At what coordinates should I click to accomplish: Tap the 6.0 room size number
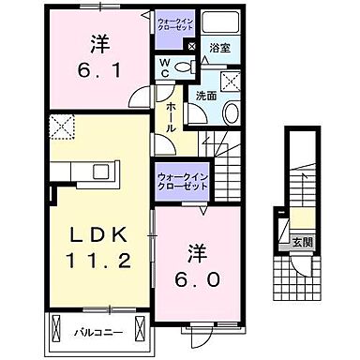pos(196,280)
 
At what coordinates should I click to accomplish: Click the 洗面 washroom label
pos(206,96)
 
